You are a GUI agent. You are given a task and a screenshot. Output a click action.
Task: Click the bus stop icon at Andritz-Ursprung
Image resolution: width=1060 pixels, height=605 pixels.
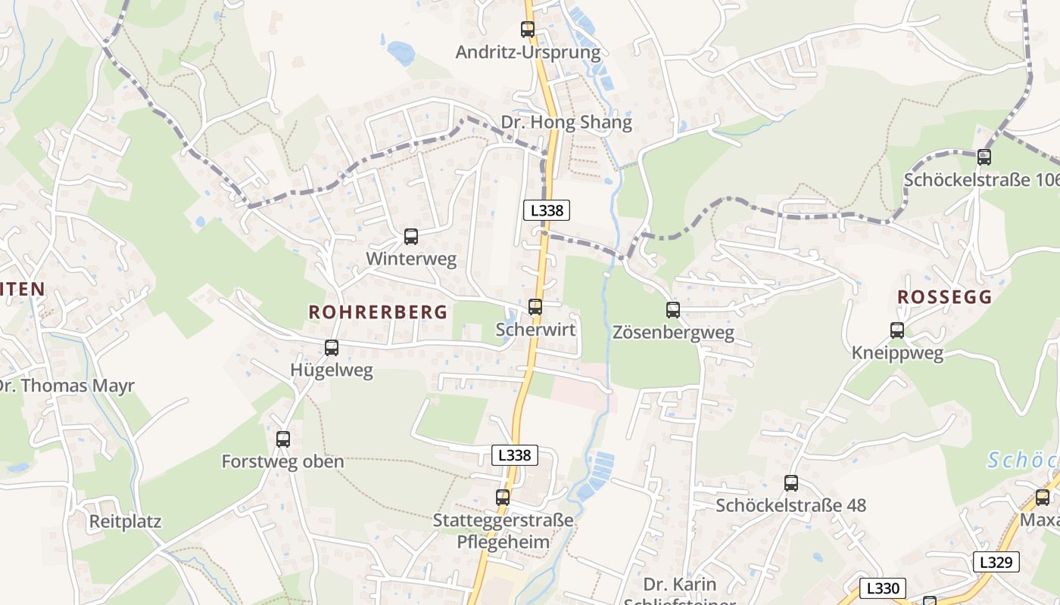[x=528, y=29]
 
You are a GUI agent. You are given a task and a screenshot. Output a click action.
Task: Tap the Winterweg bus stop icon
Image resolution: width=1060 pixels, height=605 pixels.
[x=411, y=237]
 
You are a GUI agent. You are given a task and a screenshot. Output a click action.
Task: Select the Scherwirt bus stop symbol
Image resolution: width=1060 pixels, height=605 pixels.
[x=535, y=306]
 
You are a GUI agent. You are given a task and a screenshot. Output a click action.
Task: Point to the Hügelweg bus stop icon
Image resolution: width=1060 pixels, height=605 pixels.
[x=332, y=348]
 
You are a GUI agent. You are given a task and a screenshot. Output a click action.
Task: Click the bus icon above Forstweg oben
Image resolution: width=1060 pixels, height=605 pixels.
[x=283, y=439]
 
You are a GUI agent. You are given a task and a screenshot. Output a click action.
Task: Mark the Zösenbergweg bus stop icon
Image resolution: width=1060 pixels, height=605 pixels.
[x=673, y=309]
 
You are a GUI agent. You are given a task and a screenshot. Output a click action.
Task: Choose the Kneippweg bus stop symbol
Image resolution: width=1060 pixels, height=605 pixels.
[x=897, y=330]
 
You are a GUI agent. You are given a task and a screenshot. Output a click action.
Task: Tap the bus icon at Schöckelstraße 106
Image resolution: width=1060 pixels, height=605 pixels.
[x=984, y=157]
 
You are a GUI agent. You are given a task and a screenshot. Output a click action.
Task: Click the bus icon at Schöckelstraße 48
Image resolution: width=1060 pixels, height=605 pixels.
[x=791, y=482]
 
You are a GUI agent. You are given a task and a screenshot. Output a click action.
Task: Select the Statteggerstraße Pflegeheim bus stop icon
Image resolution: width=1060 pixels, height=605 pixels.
[x=503, y=498]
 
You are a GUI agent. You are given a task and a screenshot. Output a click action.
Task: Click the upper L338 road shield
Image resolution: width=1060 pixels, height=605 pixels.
[x=547, y=210]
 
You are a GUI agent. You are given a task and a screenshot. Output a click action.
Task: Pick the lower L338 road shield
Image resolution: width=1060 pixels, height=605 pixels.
[x=515, y=455]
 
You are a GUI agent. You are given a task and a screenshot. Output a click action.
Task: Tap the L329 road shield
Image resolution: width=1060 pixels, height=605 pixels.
[x=996, y=562]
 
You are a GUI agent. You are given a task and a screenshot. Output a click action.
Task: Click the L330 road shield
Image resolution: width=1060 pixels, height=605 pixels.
[x=883, y=588]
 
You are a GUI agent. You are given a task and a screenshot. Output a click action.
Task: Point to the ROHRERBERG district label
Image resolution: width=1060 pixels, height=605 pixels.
[x=378, y=312]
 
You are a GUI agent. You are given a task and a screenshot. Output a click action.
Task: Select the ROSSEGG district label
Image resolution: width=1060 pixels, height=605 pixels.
[x=944, y=297]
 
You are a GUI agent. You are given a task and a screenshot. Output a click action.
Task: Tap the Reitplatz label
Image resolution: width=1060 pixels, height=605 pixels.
[x=126, y=522]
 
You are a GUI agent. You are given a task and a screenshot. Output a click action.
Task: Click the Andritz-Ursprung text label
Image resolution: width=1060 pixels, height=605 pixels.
[x=528, y=52]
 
